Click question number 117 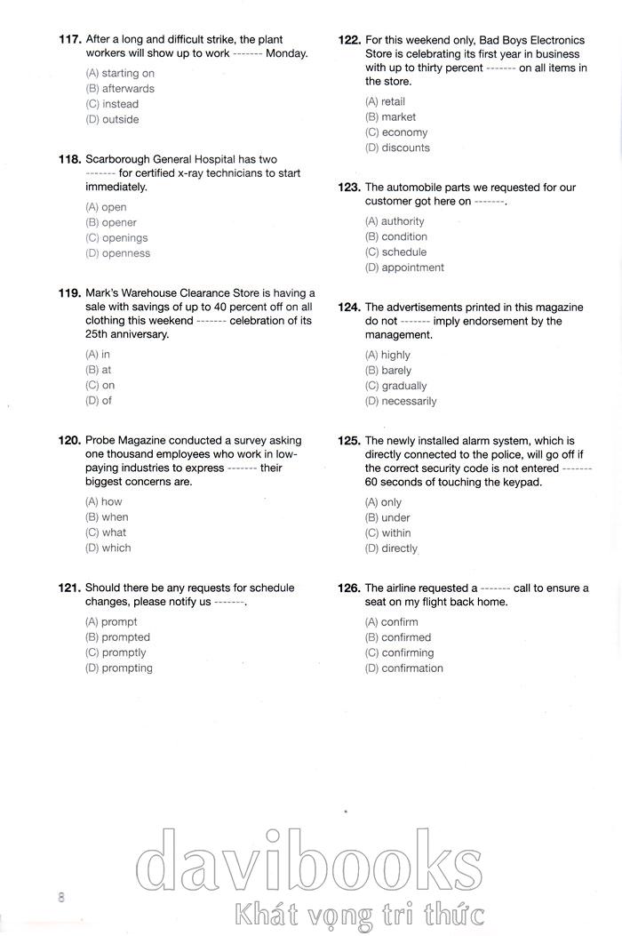pyautogui.click(x=69, y=40)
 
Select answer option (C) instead pyautogui.click(x=112, y=104)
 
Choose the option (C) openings pyautogui.click(x=116, y=238)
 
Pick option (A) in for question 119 pyautogui.click(x=98, y=355)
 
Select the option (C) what pyautogui.click(x=106, y=532)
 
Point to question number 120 pyautogui.click(x=69, y=441)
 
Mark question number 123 pyautogui.click(x=349, y=188)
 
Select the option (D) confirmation pyautogui.click(x=403, y=668)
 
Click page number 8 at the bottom pyautogui.click(x=61, y=897)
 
